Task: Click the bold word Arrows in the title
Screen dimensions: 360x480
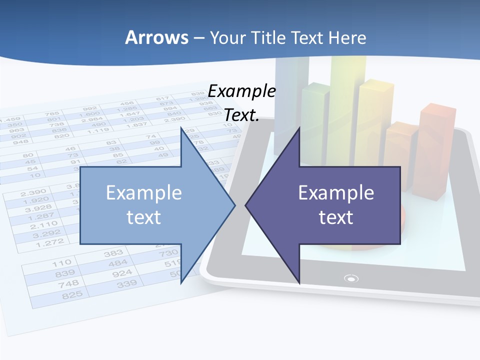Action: tap(156, 38)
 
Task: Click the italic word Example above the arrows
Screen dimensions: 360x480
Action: tap(242, 91)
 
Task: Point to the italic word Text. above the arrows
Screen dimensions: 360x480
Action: tap(242, 115)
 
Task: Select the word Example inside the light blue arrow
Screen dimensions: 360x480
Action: tap(144, 193)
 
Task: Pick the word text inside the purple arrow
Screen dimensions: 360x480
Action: tap(336, 217)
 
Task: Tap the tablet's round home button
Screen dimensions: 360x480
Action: tap(351, 278)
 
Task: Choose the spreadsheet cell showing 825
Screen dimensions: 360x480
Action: tap(72, 295)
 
